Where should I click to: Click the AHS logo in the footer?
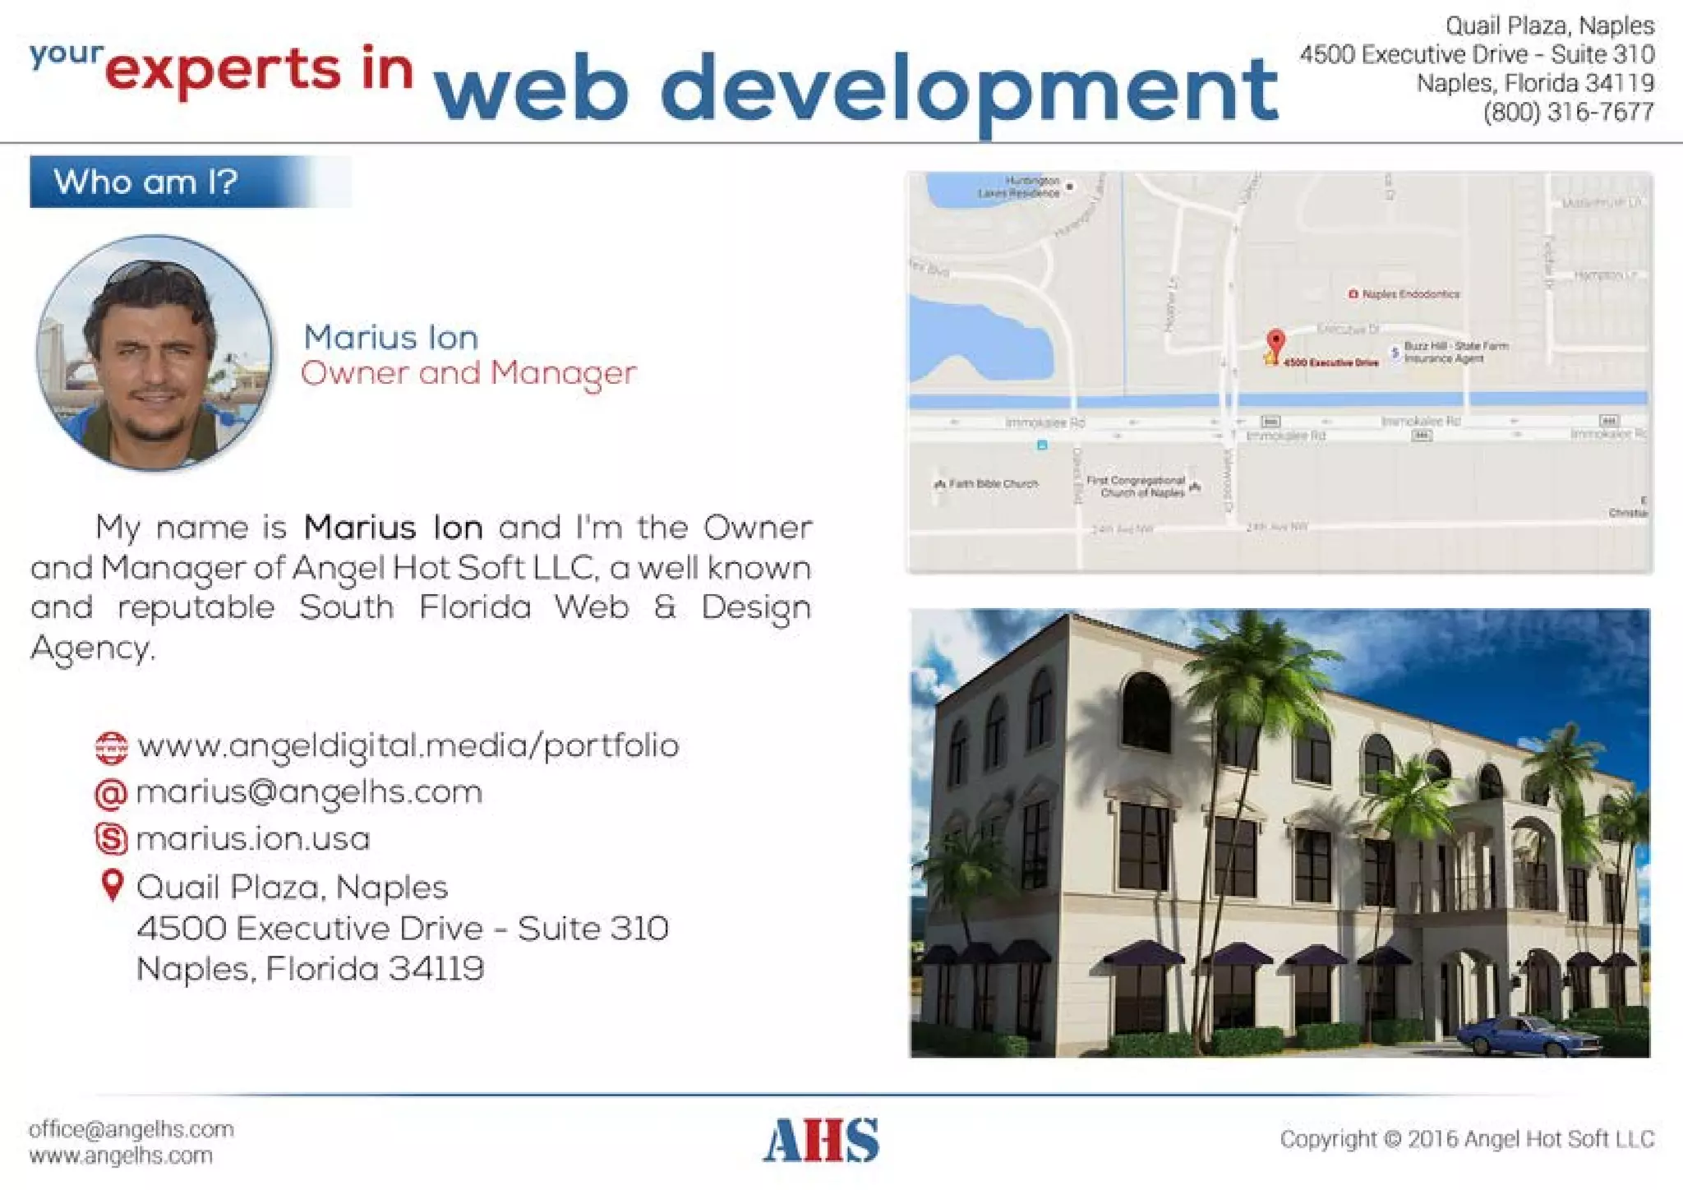(821, 1140)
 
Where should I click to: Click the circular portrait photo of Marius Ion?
(154, 353)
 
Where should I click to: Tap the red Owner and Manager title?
(468, 373)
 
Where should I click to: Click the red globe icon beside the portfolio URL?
(112, 747)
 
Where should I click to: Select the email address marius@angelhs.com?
(309, 792)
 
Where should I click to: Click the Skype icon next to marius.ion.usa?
(112, 839)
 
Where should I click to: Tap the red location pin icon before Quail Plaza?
(112, 885)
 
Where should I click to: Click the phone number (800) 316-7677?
(1568, 112)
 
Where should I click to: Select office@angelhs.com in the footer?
(131, 1129)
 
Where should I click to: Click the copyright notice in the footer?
(1466, 1139)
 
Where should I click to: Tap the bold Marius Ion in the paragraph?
(393, 528)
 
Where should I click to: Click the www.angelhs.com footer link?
(121, 1155)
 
